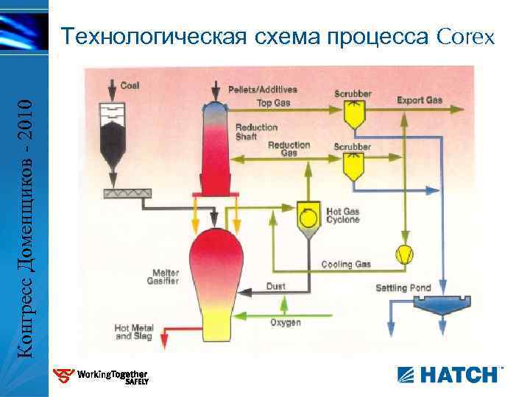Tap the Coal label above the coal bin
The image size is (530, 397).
(130, 85)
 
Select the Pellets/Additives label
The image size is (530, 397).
(263, 90)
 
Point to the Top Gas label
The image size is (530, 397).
(273, 103)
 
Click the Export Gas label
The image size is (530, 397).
(420, 100)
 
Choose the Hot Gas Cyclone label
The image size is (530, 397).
(342, 215)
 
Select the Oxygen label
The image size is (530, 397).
(286, 323)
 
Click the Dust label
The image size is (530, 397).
(276, 286)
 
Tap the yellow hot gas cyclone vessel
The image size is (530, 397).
(308, 218)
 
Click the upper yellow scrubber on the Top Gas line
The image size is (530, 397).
(353, 112)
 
